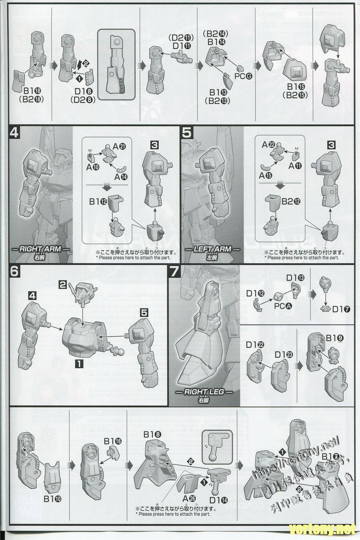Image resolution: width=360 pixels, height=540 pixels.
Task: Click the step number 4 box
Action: [x=14, y=134]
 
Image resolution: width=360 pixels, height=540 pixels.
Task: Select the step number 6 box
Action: [x=14, y=273]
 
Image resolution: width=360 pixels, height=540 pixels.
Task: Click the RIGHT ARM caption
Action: [x=43, y=249]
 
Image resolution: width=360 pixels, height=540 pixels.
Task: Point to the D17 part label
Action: [x=341, y=310]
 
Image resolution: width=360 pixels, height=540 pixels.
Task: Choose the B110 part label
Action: [x=52, y=499]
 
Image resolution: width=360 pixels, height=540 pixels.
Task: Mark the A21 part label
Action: [x=120, y=147]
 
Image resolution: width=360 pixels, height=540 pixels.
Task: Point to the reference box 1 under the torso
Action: [x=79, y=362]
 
